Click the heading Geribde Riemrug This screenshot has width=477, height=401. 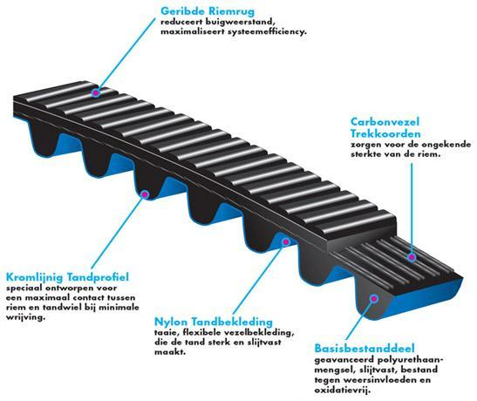[208, 11]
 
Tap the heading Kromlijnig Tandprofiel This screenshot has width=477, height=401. [67, 277]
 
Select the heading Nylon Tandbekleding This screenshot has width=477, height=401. [214, 322]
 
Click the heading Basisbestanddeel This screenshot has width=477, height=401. [365, 348]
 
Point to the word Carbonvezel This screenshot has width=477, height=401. [385, 122]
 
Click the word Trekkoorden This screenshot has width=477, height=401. [385, 133]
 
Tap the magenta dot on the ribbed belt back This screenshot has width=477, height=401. [96, 92]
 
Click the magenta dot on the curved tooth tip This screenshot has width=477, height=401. [145, 194]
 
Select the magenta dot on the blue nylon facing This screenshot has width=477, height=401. [286, 242]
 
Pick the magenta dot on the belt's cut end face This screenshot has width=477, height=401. [374, 298]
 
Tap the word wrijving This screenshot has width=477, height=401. [25, 317]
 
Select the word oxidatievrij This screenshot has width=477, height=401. [343, 390]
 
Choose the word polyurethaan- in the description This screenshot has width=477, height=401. [411, 360]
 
